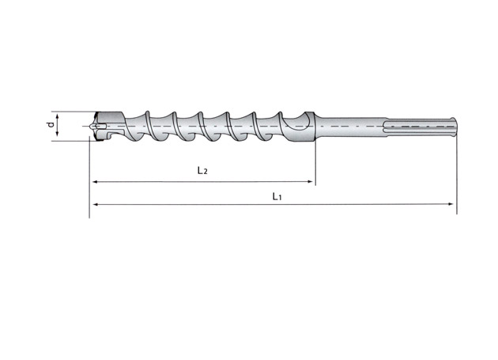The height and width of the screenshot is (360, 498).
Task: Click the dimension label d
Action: click(x=49, y=125)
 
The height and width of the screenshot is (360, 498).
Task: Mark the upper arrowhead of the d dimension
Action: click(x=58, y=115)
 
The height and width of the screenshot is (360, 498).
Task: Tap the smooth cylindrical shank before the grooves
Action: click(x=348, y=127)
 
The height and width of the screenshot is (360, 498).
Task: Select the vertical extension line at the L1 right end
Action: click(x=456, y=174)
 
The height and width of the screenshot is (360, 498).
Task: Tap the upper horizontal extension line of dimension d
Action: click(x=71, y=111)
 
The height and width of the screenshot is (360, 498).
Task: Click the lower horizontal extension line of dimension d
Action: click(x=71, y=141)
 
